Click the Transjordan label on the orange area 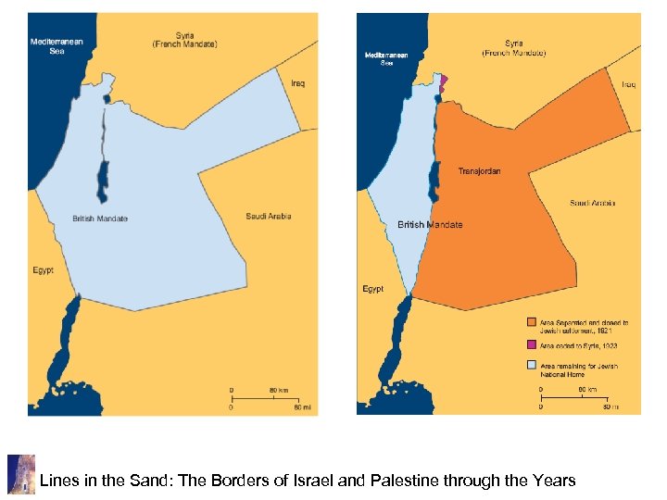tap(479, 171)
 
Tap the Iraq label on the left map tap(298, 83)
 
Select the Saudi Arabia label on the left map tap(269, 217)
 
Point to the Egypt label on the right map tap(372, 289)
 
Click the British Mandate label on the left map tap(100, 219)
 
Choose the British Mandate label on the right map tap(430, 225)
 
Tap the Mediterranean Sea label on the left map tap(57, 46)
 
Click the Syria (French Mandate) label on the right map tap(513, 48)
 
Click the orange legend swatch tap(532, 323)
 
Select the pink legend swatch tap(532, 345)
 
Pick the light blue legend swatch tap(532, 366)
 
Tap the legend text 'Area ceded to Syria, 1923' tap(579, 345)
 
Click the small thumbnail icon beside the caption tap(20, 474)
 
